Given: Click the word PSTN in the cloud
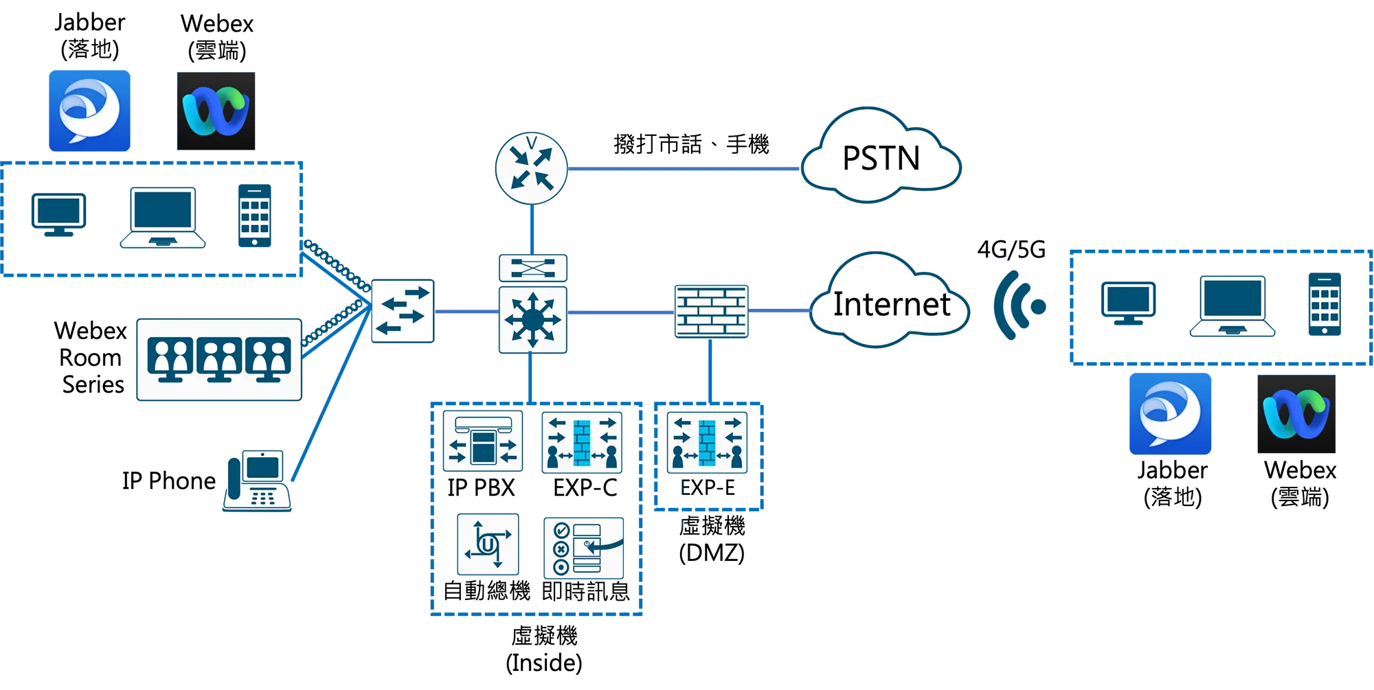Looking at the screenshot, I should (881, 159).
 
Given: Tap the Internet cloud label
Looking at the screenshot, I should (891, 304).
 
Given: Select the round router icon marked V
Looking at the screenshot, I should (531, 168).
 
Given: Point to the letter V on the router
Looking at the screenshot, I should (531, 143).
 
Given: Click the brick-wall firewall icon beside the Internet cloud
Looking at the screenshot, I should (710, 312).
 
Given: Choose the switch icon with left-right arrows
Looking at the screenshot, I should (403, 311).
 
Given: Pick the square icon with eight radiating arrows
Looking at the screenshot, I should (532, 320).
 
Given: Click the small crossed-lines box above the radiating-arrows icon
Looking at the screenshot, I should (532, 267).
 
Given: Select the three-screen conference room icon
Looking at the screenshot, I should (219, 359).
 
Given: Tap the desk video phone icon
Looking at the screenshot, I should (257, 479).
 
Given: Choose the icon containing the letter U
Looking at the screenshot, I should (488, 544).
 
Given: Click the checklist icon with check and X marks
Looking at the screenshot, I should (584, 548).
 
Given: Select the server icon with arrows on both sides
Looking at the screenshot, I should (482, 441).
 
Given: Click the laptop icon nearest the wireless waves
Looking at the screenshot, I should (1232, 306).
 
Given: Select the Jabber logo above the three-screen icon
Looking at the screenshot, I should (89, 111).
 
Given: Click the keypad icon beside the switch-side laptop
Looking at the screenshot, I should (254, 218).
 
